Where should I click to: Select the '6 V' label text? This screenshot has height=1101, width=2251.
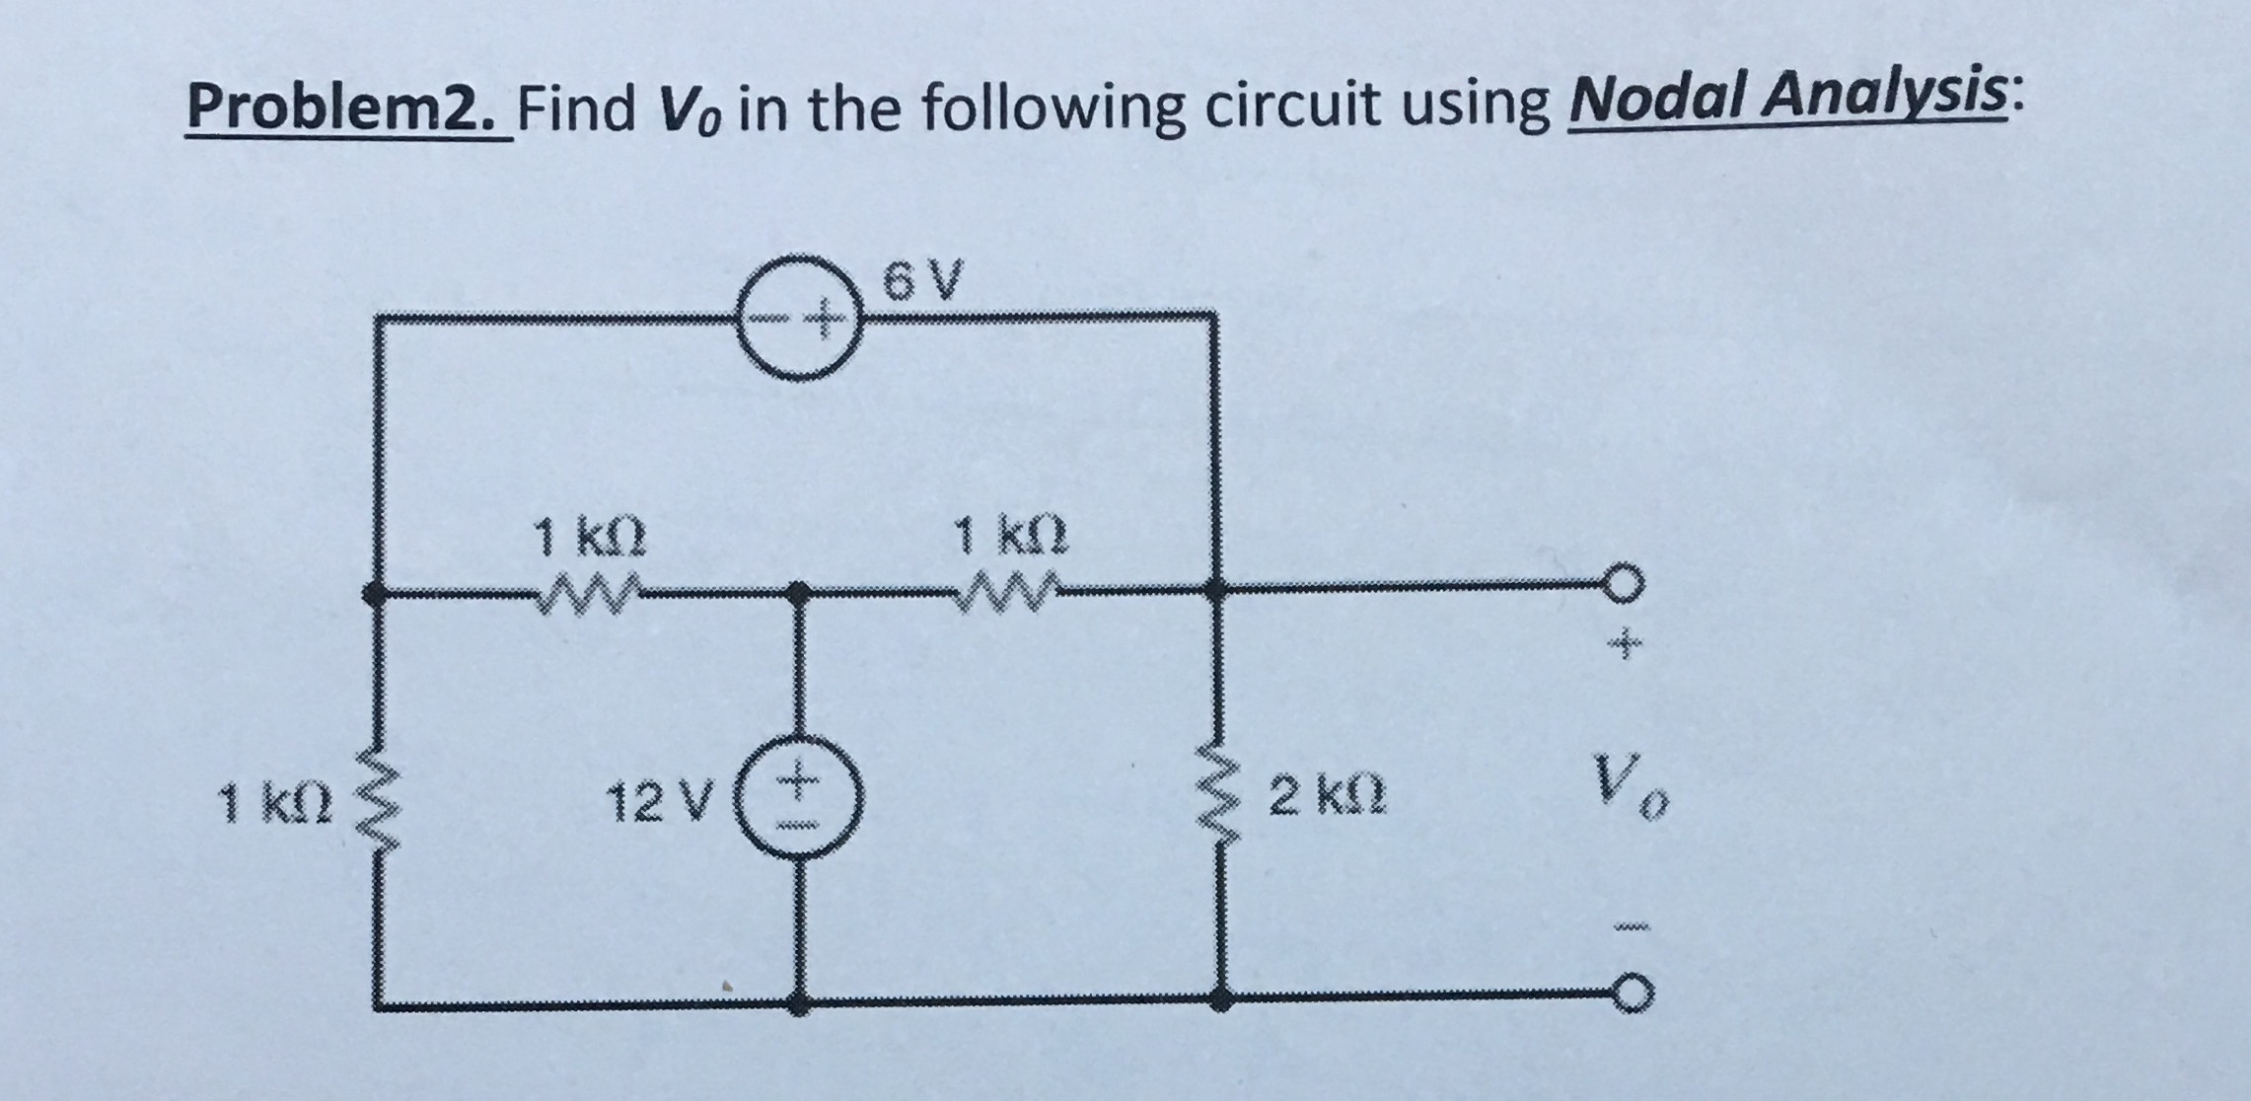click(x=920, y=281)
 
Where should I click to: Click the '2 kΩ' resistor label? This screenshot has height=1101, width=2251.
click(x=1327, y=797)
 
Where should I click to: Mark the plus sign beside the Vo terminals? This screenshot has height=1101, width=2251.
click(x=1625, y=646)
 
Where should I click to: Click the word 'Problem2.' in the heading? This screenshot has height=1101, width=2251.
click(x=347, y=110)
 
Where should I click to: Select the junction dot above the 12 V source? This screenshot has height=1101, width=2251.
click(x=800, y=593)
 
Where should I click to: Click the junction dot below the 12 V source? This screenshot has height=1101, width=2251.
click(x=800, y=1005)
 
